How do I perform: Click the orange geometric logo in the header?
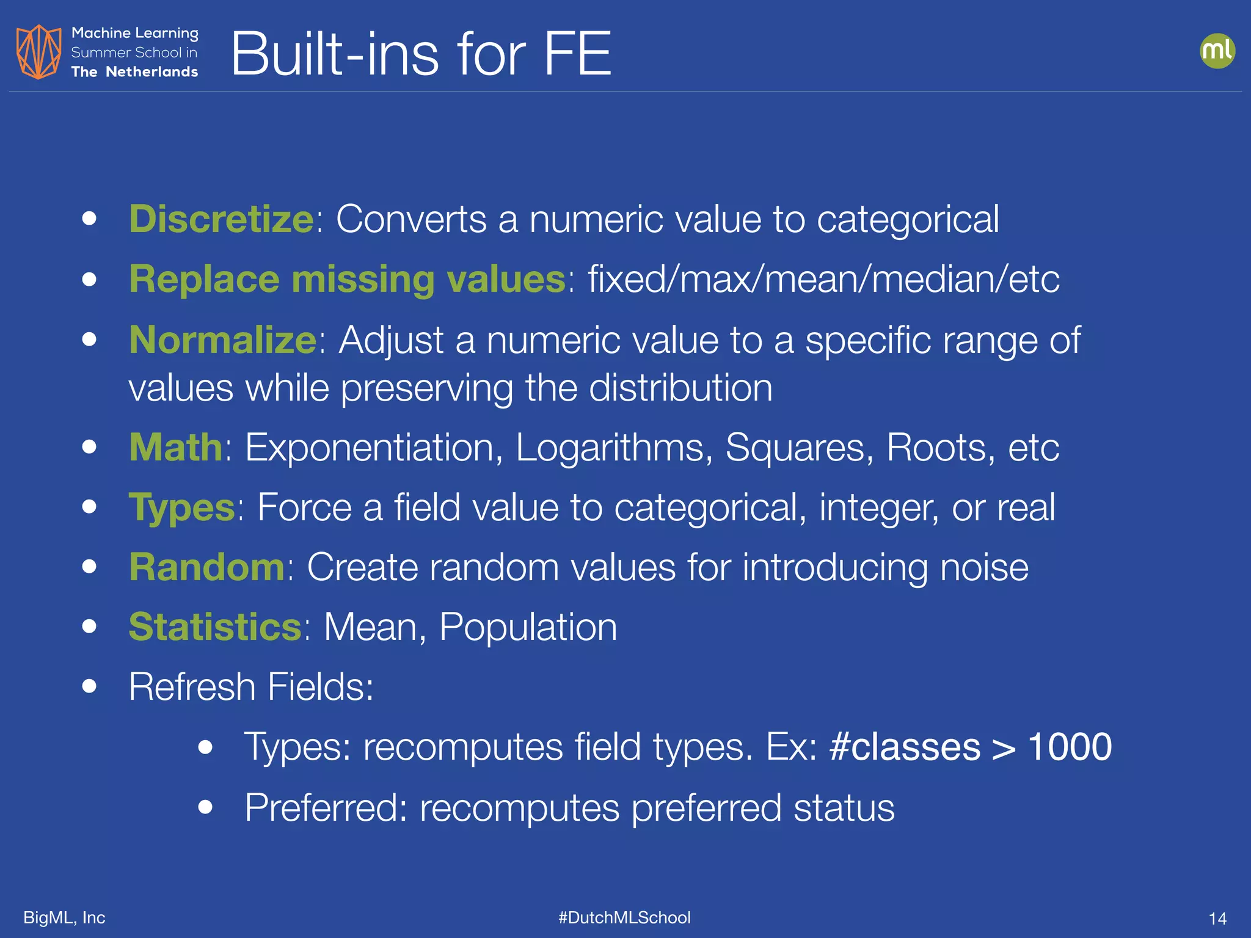pyautogui.click(x=38, y=52)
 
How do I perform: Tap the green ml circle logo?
pyautogui.click(x=1217, y=51)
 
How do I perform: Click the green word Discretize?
pyautogui.click(x=221, y=219)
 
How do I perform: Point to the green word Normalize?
pyautogui.click(x=223, y=340)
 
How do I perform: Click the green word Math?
pyautogui.click(x=176, y=447)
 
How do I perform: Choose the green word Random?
pyautogui.click(x=207, y=567)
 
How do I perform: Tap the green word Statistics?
pyautogui.click(x=215, y=627)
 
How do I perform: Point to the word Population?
pyautogui.click(x=528, y=627)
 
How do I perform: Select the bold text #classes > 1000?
pyautogui.click(x=971, y=747)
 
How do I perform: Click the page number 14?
pyautogui.click(x=1217, y=918)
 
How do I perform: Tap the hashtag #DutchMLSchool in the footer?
pyautogui.click(x=624, y=917)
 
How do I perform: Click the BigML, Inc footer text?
pyautogui.click(x=64, y=917)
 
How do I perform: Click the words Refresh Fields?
pyautogui.click(x=250, y=687)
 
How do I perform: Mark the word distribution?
pyautogui.click(x=680, y=388)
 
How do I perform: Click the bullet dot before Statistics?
pyautogui.click(x=90, y=627)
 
